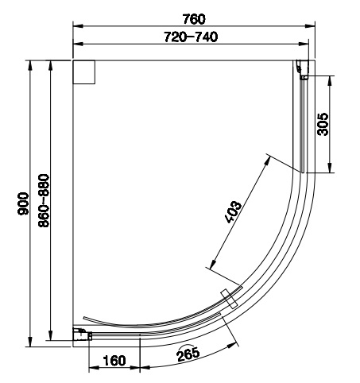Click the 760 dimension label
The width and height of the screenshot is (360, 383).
point(194,19)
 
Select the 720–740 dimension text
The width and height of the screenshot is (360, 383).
point(191,37)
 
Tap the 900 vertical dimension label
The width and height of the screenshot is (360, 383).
point(23,203)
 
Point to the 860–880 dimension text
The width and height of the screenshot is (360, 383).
point(44,200)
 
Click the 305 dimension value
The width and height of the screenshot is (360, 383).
point(323,124)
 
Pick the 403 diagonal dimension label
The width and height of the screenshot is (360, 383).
point(233,212)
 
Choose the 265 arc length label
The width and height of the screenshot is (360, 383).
point(188,355)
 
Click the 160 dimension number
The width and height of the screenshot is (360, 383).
point(114,361)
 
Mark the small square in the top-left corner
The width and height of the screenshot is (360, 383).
point(84,72)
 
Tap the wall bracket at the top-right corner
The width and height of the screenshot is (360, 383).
point(303,69)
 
